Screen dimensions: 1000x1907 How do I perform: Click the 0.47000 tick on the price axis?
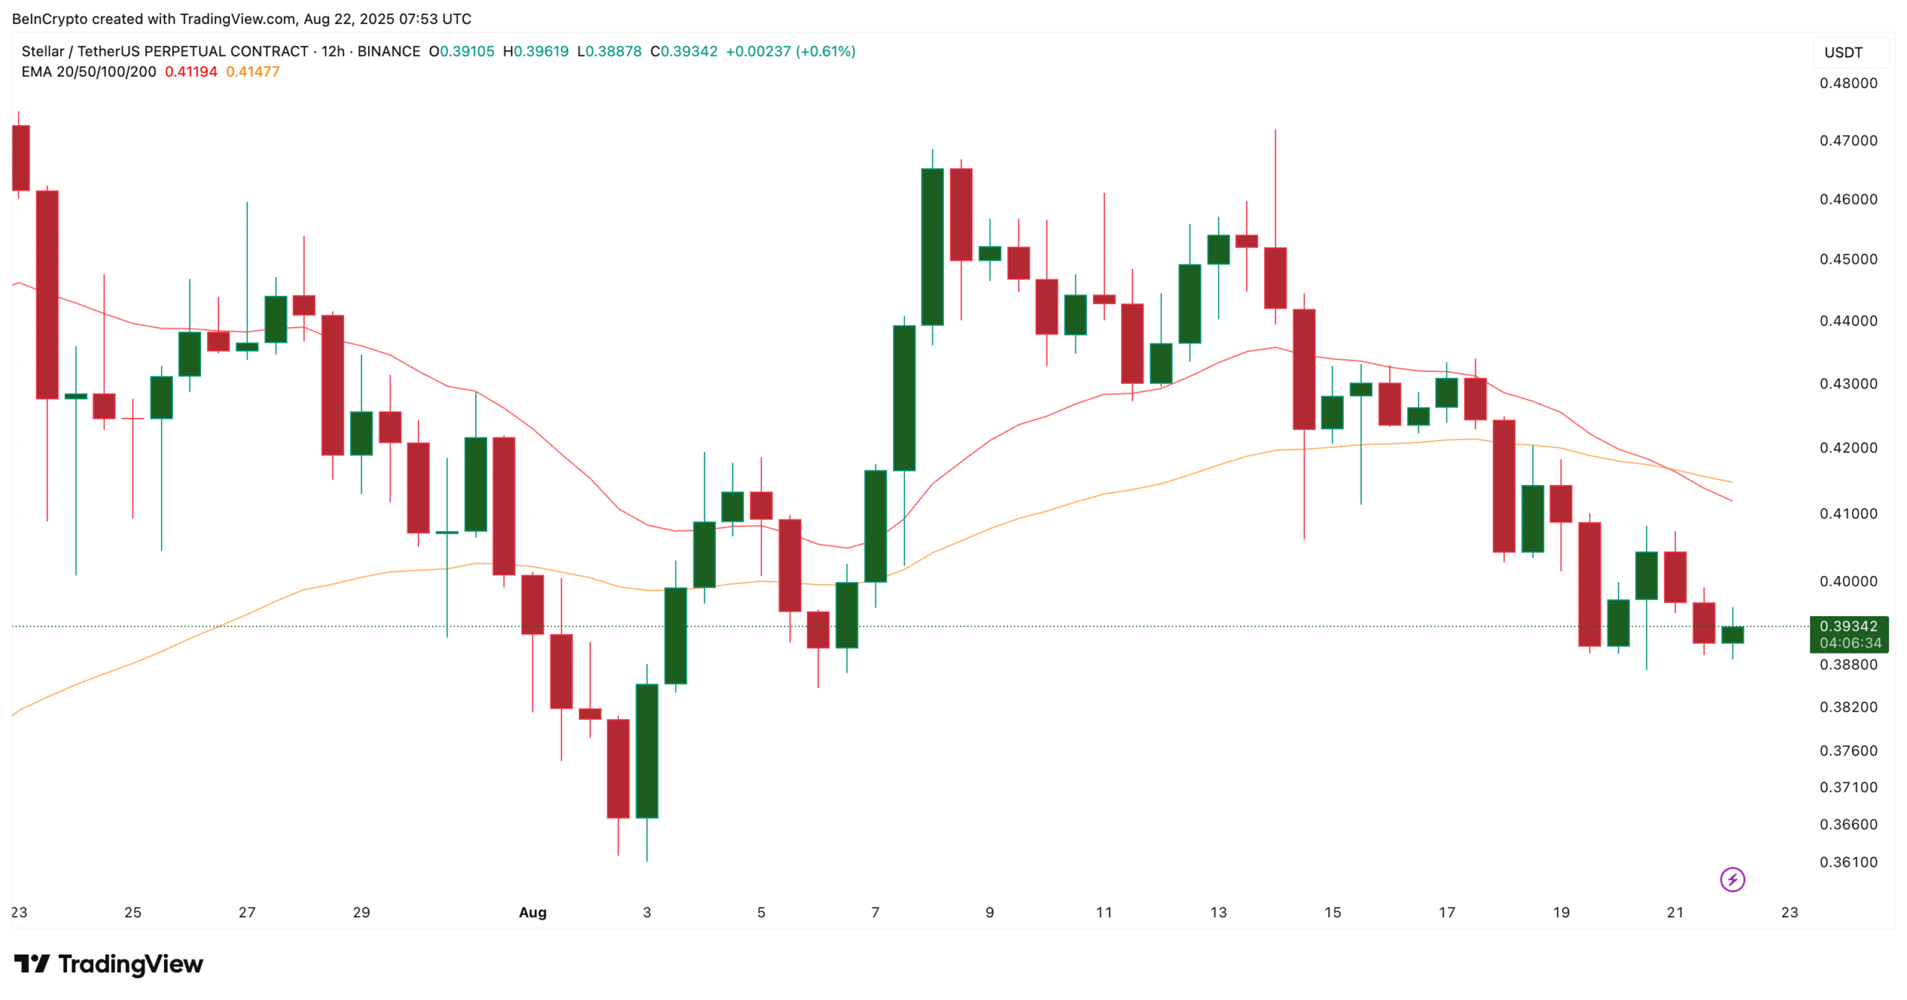click(1847, 141)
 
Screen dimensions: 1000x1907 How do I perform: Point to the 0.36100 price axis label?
click(1847, 862)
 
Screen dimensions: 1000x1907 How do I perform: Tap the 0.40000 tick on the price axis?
click(1847, 581)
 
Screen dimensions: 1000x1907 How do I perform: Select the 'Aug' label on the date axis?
click(533, 912)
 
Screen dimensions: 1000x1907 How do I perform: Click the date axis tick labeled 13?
click(1218, 912)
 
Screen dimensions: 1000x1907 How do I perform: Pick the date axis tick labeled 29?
click(361, 912)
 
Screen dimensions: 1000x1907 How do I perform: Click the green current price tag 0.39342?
click(1848, 627)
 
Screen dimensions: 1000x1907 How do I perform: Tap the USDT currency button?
click(1843, 53)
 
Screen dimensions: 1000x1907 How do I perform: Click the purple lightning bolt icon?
click(1732, 879)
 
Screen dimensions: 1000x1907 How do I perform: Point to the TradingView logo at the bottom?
click(109, 964)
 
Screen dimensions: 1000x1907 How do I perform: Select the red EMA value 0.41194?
click(191, 72)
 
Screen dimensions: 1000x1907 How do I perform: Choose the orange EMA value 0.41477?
click(253, 72)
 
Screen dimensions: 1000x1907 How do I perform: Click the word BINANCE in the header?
click(389, 51)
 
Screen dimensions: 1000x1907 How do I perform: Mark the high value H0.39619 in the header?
click(536, 51)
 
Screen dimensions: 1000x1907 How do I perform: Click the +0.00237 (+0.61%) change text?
click(790, 51)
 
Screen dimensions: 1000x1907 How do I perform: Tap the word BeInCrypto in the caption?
click(49, 19)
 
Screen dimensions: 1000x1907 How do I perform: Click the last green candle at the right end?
click(1732, 635)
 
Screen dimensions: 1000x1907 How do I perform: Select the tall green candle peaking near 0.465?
click(932, 247)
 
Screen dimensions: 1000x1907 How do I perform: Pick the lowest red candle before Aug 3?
click(618, 768)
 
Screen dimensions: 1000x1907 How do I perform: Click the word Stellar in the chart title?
click(42, 51)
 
